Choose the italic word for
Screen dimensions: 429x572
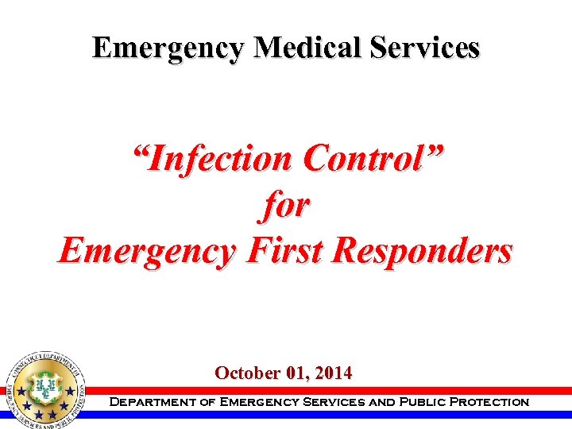286,205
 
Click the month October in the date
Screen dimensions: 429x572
243,373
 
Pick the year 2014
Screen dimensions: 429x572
334,373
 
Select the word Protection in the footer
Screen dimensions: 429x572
489,402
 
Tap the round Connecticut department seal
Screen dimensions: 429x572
45,388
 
